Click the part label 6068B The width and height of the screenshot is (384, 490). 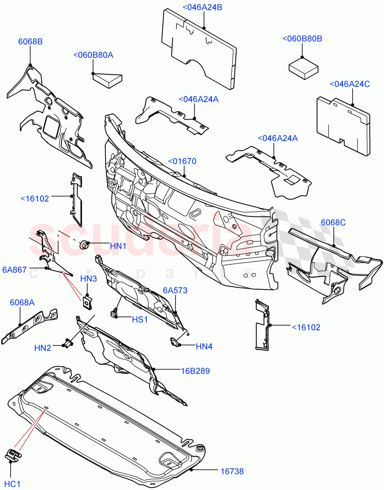point(30,41)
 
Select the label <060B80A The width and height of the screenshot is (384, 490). point(93,55)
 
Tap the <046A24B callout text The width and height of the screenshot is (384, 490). point(202,7)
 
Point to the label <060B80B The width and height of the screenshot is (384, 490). point(302,39)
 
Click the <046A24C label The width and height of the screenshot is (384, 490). point(349,84)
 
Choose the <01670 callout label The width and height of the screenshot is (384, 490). point(182,161)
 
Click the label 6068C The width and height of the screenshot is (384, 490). point(333,223)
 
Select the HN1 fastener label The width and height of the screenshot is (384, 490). point(118,246)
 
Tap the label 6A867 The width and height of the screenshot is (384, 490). point(14,270)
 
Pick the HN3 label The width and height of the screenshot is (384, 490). point(88,279)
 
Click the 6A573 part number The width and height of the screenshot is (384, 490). point(175,290)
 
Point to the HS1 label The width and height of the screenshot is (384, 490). point(140,319)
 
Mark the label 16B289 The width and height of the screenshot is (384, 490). point(195,371)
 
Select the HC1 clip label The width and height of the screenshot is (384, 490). point(13,484)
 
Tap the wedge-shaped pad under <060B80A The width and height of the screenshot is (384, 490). point(108,78)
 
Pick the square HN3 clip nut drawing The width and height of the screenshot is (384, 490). point(87,303)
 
